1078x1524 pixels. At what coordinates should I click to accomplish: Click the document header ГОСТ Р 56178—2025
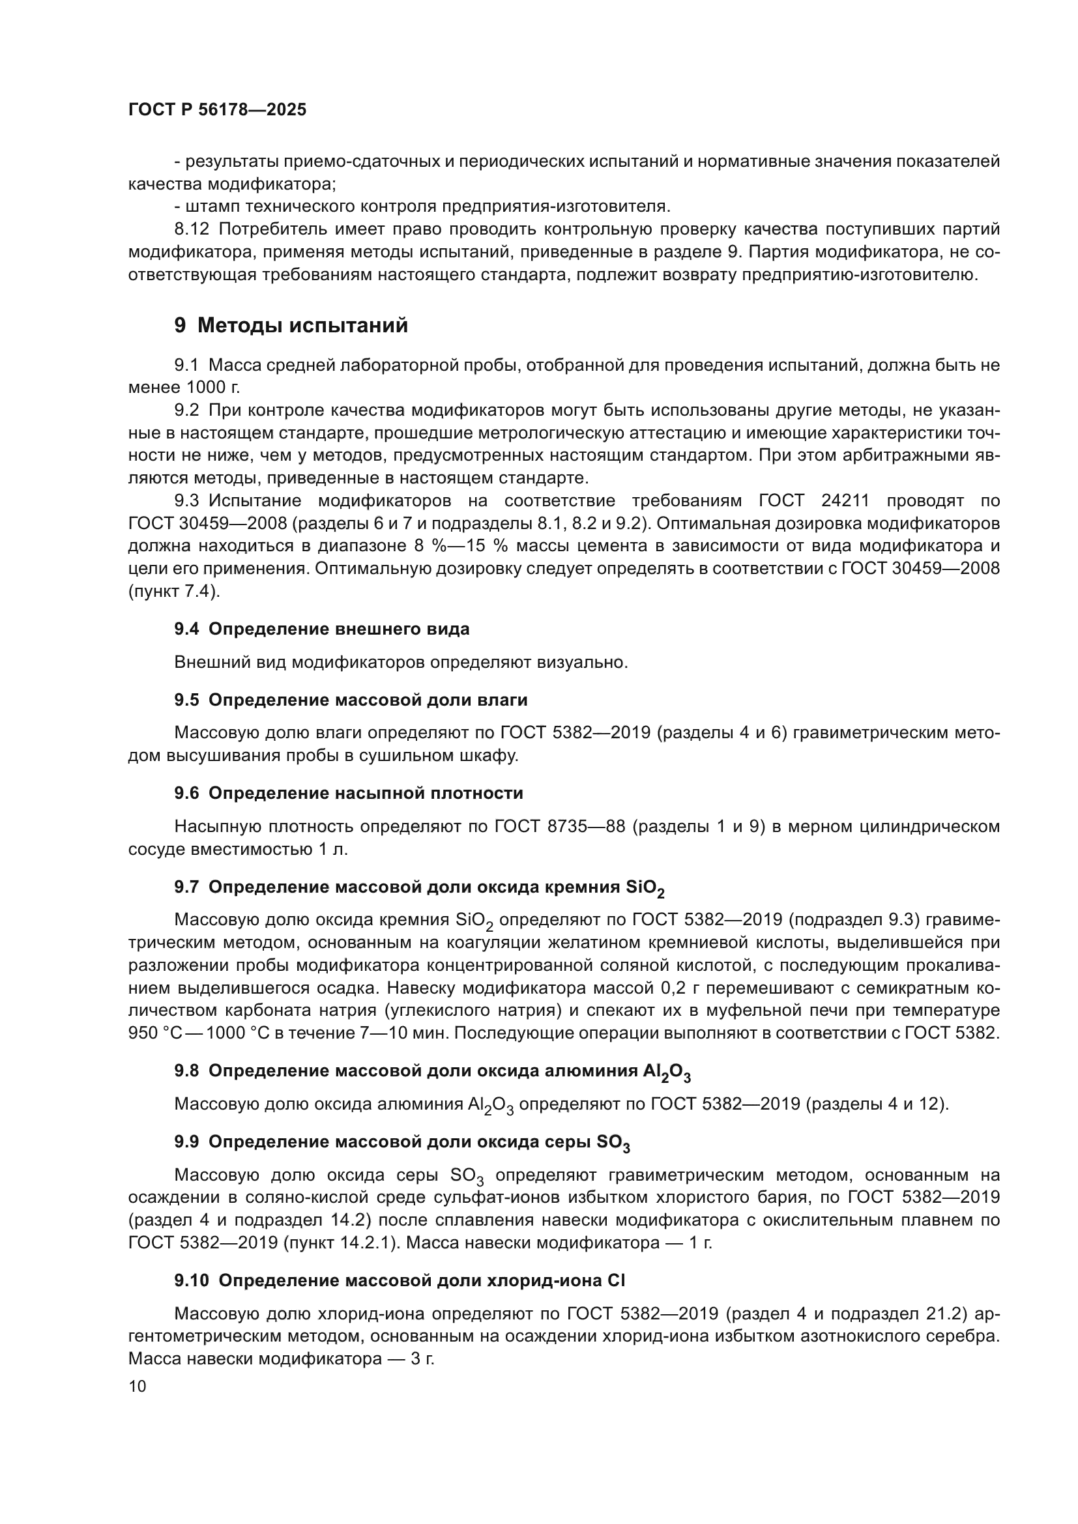coord(217,110)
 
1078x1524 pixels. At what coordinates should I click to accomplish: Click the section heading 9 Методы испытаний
coord(291,326)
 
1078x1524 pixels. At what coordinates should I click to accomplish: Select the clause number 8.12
coord(191,229)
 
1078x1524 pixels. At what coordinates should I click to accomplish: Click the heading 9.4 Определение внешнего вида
coord(322,629)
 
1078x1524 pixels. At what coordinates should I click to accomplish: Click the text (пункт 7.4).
coord(173,591)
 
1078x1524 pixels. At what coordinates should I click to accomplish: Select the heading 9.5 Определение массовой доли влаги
coord(351,700)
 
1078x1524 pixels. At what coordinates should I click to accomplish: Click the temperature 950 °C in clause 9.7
coord(151,1033)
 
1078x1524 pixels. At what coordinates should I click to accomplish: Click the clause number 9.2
coord(186,411)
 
